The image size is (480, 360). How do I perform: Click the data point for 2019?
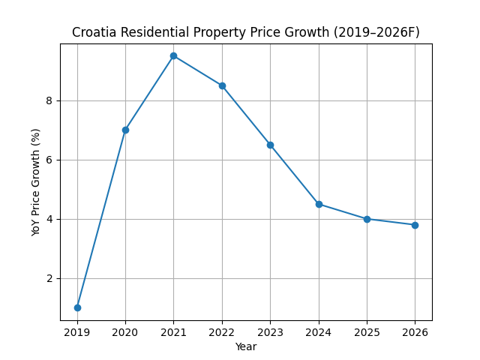tap(77, 307)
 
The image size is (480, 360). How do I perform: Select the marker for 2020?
tap(125, 130)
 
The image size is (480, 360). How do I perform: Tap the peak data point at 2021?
tap(173, 55)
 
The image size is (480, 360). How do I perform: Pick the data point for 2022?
tap(222, 85)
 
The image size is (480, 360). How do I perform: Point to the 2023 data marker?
tap(270, 145)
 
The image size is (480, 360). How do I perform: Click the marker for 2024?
tap(319, 204)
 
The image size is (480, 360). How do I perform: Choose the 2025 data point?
tap(367, 219)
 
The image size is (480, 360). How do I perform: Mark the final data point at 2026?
tap(415, 225)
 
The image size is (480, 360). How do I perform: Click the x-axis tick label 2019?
tap(77, 331)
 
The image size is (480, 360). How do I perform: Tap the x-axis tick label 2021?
tap(173, 331)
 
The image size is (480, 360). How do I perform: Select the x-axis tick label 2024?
tap(319, 331)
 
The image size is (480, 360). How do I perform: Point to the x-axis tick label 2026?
tap(415, 331)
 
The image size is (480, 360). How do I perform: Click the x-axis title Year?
tap(246, 346)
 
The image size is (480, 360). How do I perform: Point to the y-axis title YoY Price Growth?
tap(36, 182)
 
